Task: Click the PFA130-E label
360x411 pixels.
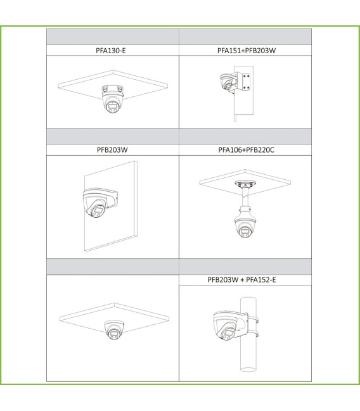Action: click(x=112, y=50)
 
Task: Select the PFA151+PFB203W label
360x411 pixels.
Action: click(x=246, y=50)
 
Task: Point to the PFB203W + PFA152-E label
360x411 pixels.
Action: click(x=246, y=279)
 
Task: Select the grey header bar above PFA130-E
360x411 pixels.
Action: click(x=112, y=37)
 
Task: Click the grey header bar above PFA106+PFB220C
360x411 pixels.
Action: click(x=246, y=137)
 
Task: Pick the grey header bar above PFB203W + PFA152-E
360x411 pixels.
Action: click(x=246, y=266)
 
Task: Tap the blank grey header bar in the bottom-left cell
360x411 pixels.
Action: click(x=112, y=266)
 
